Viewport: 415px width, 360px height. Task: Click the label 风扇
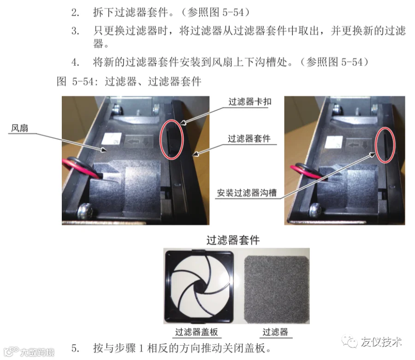click(19, 128)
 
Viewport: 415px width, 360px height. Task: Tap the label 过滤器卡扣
click(250, 102)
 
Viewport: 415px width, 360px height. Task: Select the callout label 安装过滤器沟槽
click(247, 193)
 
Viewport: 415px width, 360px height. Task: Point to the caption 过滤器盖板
click(196, 332)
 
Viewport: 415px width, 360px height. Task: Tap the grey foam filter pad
click(277, 289)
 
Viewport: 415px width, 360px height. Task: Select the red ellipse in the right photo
click(376, 144)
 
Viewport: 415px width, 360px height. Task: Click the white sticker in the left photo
click(112, 139)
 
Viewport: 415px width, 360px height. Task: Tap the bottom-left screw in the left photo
click(85, 211)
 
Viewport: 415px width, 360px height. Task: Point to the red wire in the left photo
click(79, 168)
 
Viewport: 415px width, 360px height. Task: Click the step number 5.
click(76, 348)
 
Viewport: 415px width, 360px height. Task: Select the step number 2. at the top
click(75, 12)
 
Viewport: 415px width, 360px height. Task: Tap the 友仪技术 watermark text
click(381, 342)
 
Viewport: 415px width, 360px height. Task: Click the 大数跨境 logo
click(29, 352)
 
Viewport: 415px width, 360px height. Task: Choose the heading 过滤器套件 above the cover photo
click(233, 240)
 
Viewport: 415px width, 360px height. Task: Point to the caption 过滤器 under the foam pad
click(275, 332)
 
